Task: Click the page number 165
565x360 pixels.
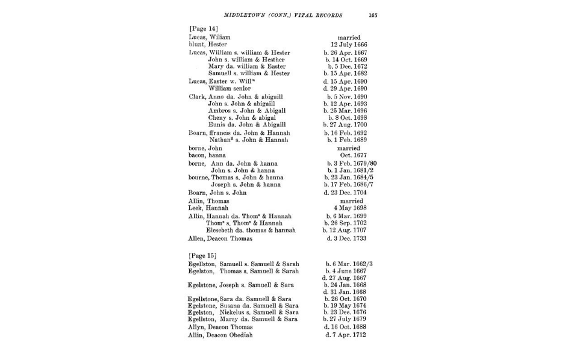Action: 373,15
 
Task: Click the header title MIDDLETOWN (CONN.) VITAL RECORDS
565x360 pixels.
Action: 283,15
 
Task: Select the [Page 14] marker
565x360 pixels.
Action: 204,28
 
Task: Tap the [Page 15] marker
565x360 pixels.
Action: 204,256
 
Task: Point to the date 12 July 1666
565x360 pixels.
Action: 349,45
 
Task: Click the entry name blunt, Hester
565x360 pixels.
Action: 208,45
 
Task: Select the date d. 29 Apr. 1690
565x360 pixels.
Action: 345,88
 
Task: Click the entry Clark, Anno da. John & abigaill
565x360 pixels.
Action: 236,96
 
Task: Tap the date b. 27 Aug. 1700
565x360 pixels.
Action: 345,125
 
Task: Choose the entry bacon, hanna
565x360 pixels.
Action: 208,155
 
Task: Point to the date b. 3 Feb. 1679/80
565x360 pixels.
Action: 350,163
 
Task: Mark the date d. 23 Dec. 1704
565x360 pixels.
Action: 345,193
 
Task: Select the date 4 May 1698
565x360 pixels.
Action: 350,208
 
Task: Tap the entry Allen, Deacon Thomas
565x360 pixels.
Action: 220,238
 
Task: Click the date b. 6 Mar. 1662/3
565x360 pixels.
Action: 349,264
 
